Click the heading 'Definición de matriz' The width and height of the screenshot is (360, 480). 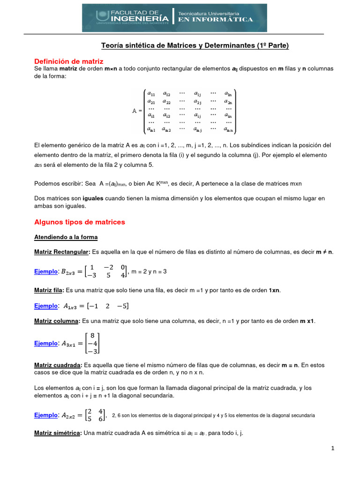(x=69, y=61)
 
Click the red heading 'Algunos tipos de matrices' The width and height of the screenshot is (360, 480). (x=80, y=222)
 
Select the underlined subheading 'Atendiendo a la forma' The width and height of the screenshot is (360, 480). (x=66, y=237)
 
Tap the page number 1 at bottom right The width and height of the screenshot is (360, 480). (x=332, y=448)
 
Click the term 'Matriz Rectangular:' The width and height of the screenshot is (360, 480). (x=62, y=252)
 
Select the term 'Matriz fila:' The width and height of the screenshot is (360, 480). (x=49, y=290)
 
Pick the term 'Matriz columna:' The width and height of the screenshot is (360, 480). (x=57, y=321)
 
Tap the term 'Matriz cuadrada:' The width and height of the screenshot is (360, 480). (x=58, y=365)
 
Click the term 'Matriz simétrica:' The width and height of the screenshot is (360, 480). (x=58, y=433)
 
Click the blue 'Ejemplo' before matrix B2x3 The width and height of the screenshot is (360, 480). (x=45, y=271)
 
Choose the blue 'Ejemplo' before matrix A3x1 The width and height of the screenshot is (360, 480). (x=45, y=343)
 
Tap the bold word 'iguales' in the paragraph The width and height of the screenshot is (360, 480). (x=89, y=199)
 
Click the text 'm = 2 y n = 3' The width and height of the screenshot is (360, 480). (x=149, y=271)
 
